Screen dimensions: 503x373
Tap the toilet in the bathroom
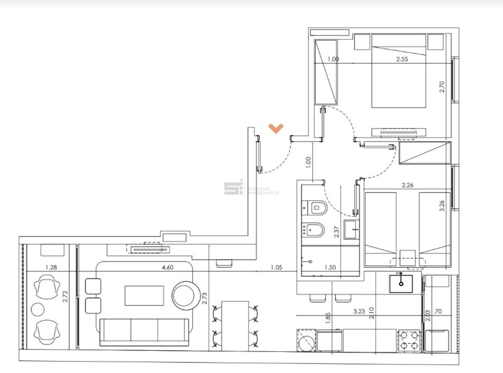point(315,208)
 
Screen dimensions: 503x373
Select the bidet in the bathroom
point(313,230)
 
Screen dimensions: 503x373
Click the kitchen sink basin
point(401,284)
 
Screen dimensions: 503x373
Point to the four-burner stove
point(409,341)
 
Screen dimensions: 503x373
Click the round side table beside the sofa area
point(186,296)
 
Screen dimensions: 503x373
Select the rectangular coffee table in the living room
point(144,296)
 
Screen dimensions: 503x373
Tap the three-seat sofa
point(144,332)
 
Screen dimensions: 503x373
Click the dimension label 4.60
point(168,267)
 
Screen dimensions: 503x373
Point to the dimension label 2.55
point(402,59)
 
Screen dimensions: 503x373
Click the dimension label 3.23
point(359,312)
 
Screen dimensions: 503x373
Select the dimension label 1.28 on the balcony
point(51,267)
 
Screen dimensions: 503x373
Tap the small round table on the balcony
point(38,309)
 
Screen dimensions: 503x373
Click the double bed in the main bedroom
point(399,71)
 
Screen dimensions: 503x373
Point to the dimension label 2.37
point(336,232)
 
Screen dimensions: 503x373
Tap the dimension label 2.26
point(408,185)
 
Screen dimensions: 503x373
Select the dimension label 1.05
point(276,267)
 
